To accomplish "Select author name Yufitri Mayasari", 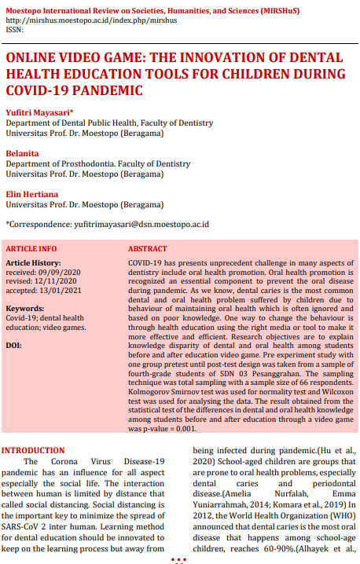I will [36, 113].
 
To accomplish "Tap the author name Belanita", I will [23, 154].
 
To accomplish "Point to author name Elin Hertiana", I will [32, 195].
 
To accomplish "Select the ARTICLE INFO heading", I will [31, 248].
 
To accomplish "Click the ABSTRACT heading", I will [147, 248].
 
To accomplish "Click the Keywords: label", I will [24, 309].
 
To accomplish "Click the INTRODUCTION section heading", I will [33, 451].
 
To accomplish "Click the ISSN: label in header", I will [14, 29].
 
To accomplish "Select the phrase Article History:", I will [34, 262].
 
